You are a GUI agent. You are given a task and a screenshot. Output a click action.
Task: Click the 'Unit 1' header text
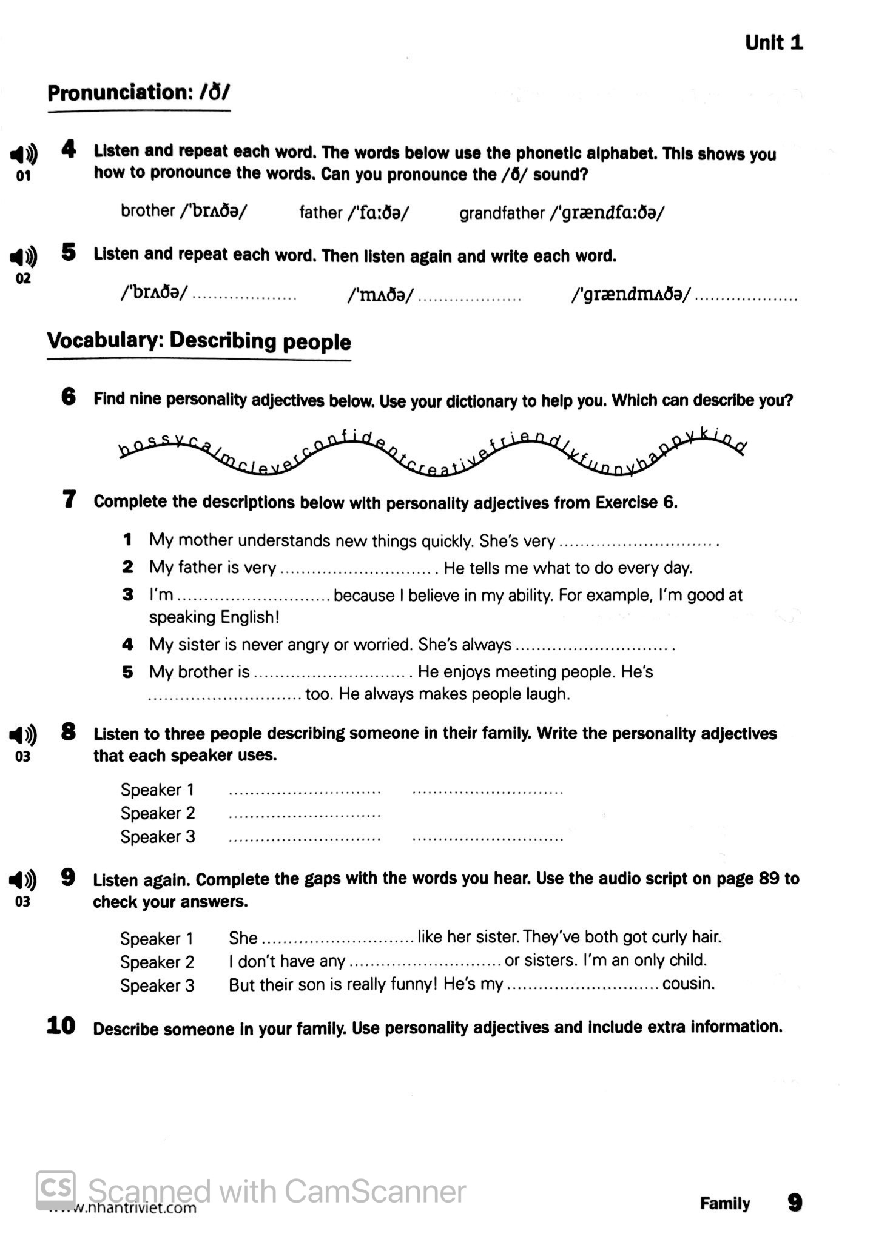pos(773,42)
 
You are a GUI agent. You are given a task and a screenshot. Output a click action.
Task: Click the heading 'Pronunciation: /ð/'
pos(139,93)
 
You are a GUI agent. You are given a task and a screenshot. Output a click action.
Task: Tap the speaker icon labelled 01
pos(23,155)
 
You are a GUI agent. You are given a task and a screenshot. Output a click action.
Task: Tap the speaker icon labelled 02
pos(23,257)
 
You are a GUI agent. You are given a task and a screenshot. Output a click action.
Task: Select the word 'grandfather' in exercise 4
pos(502,213)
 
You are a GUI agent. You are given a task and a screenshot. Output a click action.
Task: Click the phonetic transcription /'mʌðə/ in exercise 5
pos(380,295)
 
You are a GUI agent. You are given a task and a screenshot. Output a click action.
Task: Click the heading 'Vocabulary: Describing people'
pos(199,341)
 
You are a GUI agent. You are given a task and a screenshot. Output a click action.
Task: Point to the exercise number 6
pos(69,397)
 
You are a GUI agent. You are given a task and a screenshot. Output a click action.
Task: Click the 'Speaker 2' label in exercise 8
pos(157,813)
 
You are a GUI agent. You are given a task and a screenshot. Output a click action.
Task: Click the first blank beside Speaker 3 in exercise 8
pos(305,839)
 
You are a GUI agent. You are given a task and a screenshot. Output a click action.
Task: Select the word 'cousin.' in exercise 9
pos(689,983)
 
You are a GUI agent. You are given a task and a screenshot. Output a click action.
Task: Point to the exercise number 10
pos(61,1026)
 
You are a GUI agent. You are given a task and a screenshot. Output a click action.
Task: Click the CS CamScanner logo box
pos(56,1189)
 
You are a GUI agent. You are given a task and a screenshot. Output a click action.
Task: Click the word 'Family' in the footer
pos(724,1203)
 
